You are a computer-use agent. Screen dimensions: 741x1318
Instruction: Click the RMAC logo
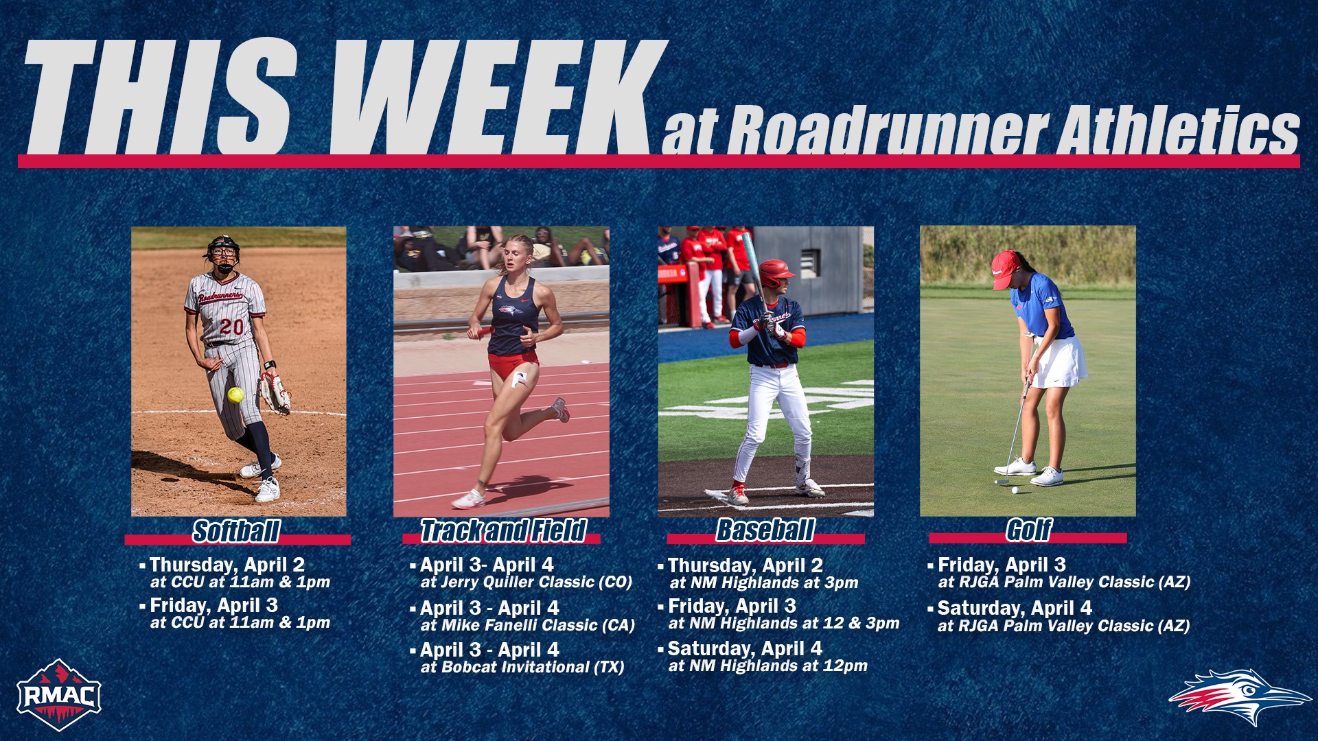[x=59, y=694]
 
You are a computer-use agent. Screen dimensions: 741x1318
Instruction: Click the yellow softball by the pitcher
[x=235, y=395]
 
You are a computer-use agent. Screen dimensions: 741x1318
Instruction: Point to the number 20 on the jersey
[x=231, y=327]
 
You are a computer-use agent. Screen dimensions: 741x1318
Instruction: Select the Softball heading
[x=236, y=531]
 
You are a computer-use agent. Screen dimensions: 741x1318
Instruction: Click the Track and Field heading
[x=503, y=531]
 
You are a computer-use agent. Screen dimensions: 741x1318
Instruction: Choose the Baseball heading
[x=765, y=530]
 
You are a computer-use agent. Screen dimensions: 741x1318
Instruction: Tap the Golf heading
[x=1028, y=530]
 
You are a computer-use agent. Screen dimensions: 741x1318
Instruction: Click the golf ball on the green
[x=1015, y=490]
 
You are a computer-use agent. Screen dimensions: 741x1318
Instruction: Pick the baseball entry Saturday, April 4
[x=744, y=648]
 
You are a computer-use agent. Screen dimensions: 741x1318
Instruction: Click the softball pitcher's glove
[x=275, y=392]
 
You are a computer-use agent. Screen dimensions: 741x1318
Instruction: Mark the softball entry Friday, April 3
[x=213, y=605]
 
